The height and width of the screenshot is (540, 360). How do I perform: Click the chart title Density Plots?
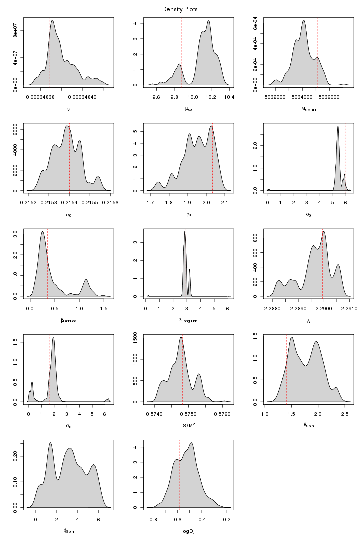pos(180,9)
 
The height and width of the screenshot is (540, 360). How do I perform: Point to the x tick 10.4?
pos(229,97)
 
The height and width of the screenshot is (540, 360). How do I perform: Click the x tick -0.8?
pos(153,520)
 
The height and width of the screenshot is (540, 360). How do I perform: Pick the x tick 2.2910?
pos(348,309)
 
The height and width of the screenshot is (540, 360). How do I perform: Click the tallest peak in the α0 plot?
pos(53,337)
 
